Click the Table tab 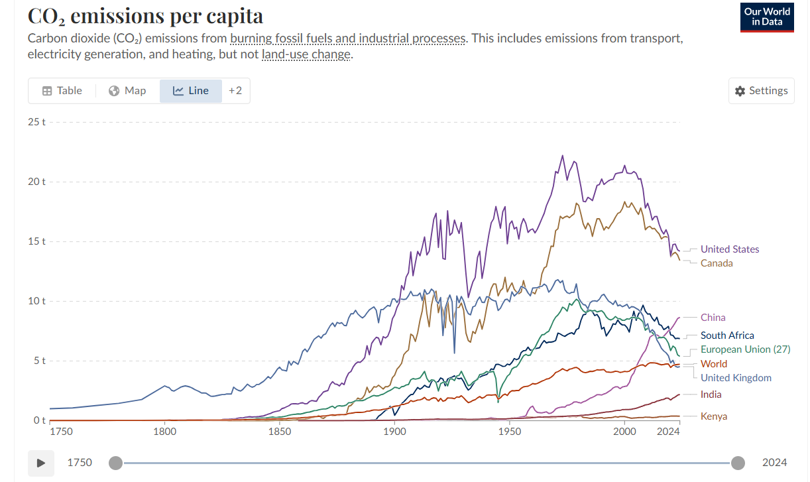(62, 91)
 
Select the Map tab (127, 91)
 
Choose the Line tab (190, 91)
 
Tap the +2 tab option (235, 91)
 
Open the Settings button (761, 91)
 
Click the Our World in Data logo (767, 17)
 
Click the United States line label (730, 249)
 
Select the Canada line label (717, 263)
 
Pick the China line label (713, 318)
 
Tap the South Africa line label (727, 335)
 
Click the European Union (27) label (745, 349)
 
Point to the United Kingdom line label (736, 378)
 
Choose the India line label (711, 394)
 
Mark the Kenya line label (714, 416)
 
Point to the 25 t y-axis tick (36, 122)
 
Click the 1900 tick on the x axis (394, 432)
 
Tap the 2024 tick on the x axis (668, 432)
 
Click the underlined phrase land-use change (306, 54)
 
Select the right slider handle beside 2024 (738, 463)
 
